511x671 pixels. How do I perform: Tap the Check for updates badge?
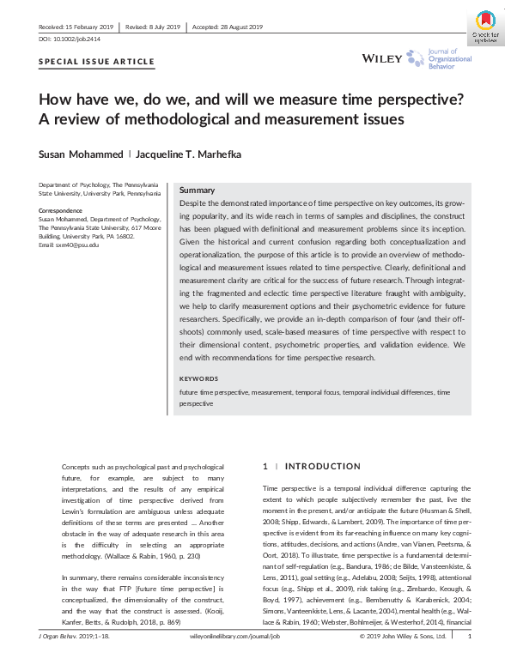[x=485, y=27]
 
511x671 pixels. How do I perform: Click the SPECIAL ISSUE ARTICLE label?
[x=97, y=62]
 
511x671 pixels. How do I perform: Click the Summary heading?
[x=197, y=190]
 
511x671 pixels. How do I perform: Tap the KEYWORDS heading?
[x=201, y=378]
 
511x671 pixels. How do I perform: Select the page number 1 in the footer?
[x=469, y=662]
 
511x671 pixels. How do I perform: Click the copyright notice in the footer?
[x=405, y=662]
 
